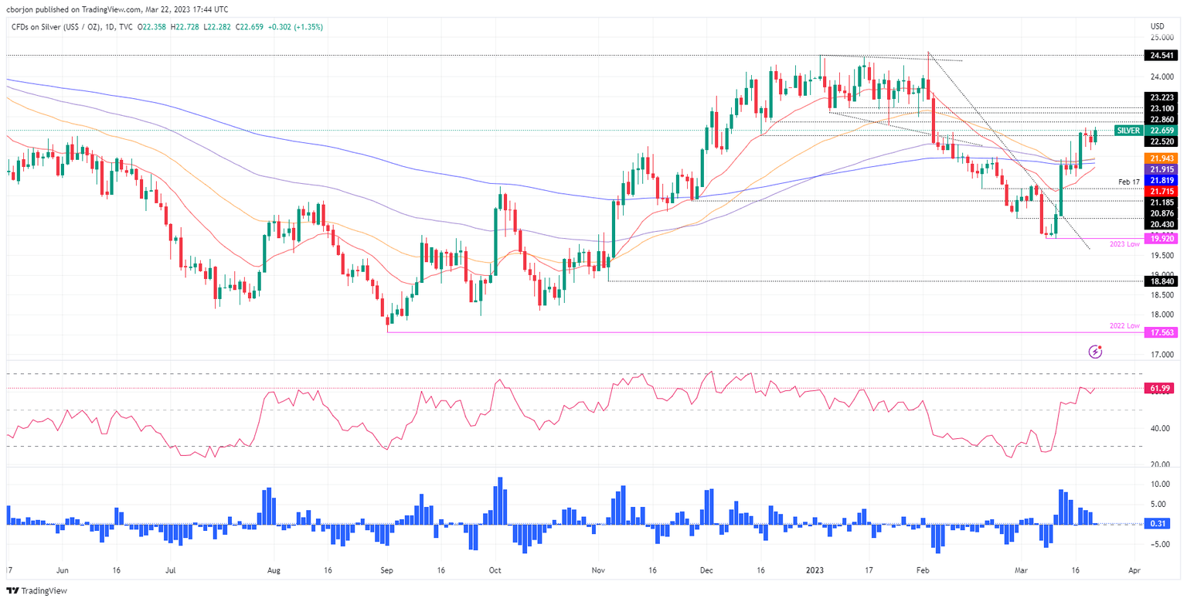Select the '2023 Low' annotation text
[1125, 244]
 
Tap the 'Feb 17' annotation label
[1129, 182]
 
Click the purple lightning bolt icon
[1095, 352]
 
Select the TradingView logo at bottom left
[36, 590]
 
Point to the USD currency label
[1158, 25]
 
